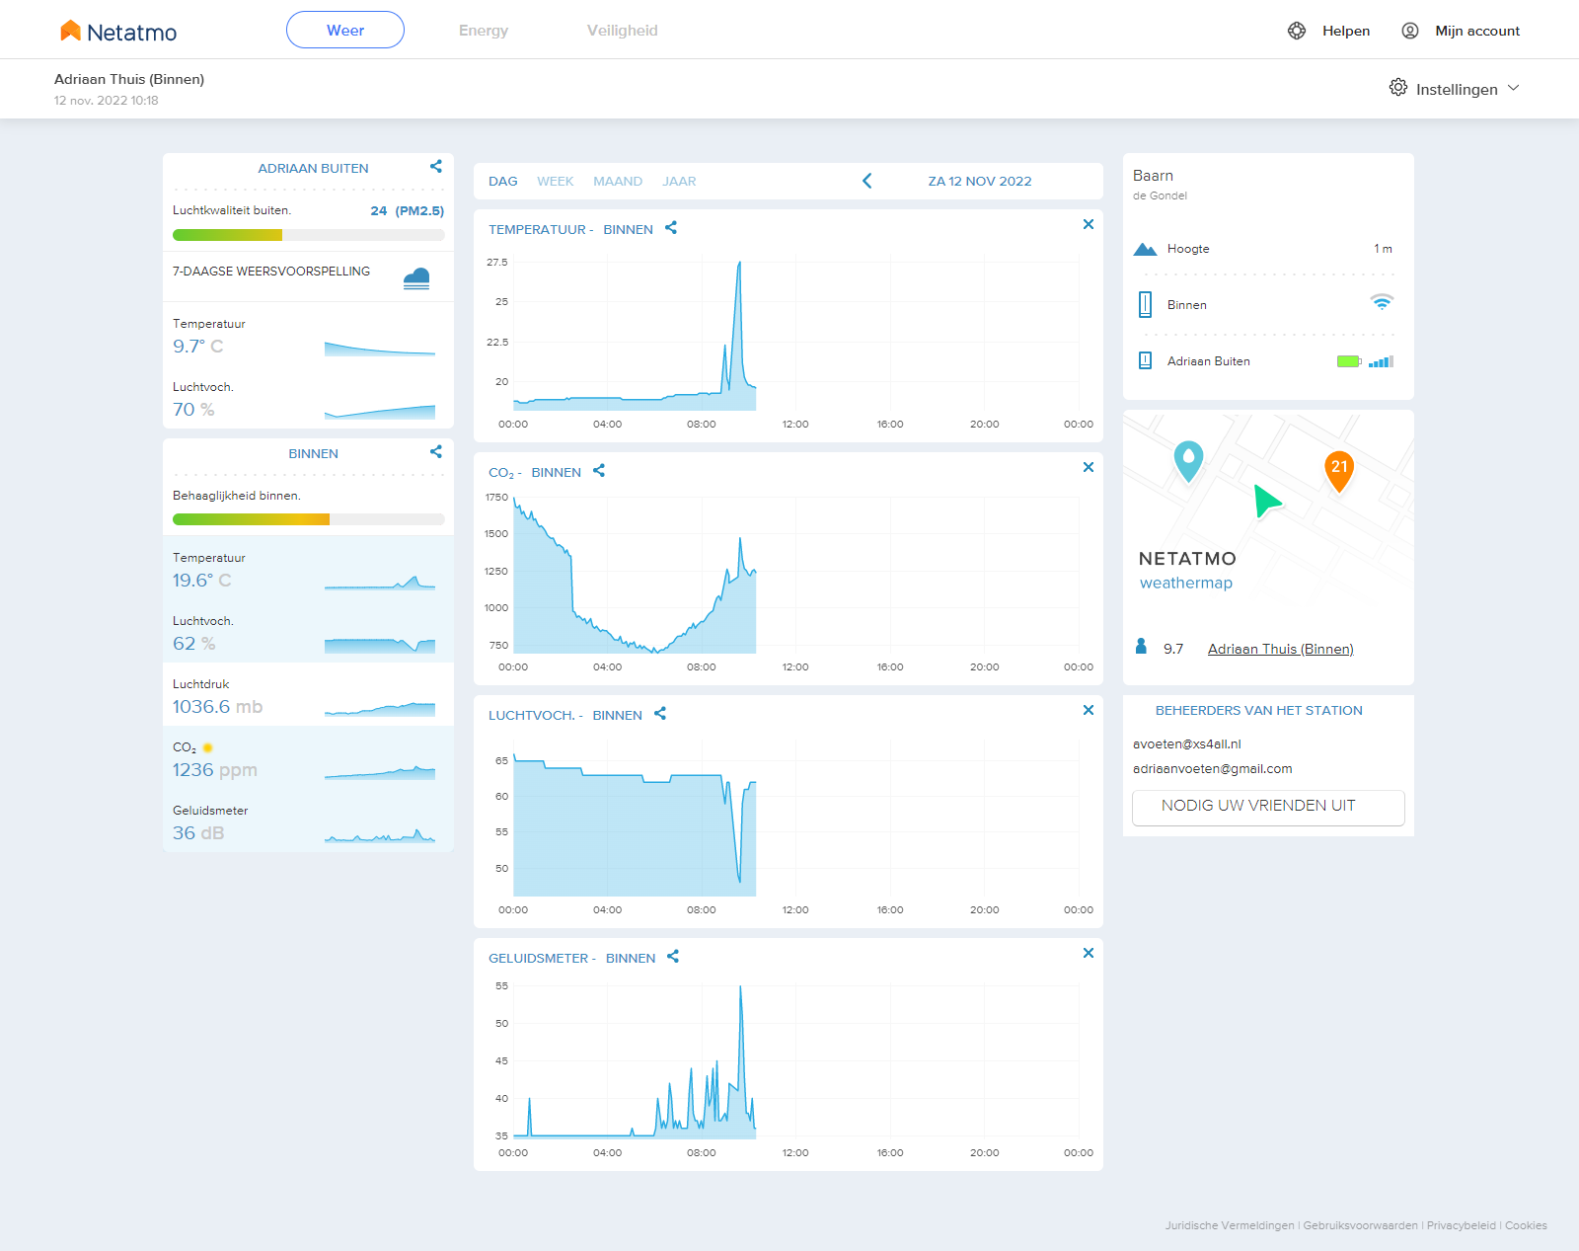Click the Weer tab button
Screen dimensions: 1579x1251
(344, 30)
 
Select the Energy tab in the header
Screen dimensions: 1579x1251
(484, 30)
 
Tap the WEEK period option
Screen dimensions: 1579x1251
(555, 182)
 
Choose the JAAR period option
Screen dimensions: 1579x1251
(679, 182)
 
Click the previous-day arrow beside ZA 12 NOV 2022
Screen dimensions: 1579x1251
(867, 181)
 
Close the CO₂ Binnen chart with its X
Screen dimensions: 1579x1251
(1089, 467)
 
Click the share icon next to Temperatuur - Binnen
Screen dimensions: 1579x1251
(671, 228)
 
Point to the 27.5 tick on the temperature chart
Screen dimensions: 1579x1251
(496, 262)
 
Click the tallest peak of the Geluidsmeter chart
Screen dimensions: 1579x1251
(740, 986)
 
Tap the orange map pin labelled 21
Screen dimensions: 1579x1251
(1339, 471)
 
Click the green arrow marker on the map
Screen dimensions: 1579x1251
(1266, 501)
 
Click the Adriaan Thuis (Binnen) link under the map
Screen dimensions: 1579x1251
(1280, 649)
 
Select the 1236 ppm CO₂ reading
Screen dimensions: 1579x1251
(215, 769)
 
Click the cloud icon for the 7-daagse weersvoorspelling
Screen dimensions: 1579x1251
(416, 278)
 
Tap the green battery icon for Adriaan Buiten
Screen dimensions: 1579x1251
(1349, 361)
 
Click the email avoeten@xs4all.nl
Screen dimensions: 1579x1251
(1186, 743)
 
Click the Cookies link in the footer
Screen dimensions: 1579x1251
(1526, 1225)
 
